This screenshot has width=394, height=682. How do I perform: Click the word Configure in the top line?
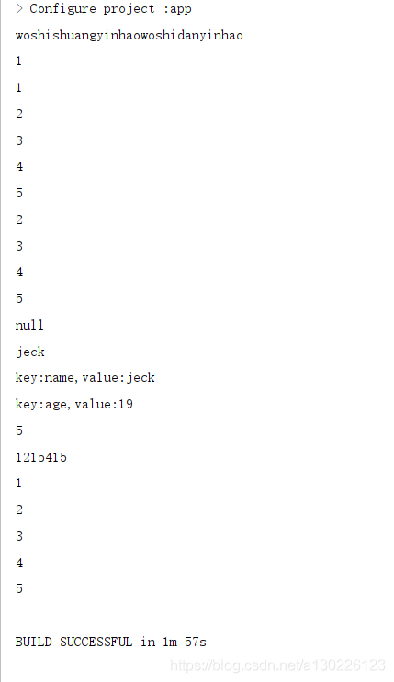(x=62, y=9)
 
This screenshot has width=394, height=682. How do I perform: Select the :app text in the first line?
(x=177, y=9)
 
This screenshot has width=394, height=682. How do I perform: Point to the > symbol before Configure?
(x=19, y=8)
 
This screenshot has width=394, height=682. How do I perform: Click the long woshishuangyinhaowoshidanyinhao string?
(x=129, y=35)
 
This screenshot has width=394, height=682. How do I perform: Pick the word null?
(x=29, y=325)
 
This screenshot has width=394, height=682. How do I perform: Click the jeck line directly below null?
(x=30, y=352)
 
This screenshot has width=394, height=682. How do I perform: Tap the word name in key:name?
(x=59, y=378)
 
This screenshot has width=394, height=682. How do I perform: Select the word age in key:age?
(x=56, y=405)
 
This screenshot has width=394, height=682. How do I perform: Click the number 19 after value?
(x=126, y=404)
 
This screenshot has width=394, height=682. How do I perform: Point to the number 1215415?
(x=41, y=457)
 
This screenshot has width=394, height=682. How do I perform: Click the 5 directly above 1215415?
(x=19, y=430)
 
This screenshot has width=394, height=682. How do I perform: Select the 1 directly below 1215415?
(x=18, y=483)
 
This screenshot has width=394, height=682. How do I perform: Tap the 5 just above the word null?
(x=19, y=298)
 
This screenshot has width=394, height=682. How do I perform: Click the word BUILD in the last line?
(x=34, y=642)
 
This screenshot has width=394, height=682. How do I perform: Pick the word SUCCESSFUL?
(x=96, y=642)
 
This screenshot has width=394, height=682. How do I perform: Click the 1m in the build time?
(x=170, y=642)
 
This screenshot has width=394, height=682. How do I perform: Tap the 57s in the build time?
(x=196, y=642)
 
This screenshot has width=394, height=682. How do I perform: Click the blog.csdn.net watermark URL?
(x=277, y=665)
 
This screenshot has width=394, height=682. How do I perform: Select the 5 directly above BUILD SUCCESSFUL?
(x=19, y=588)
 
